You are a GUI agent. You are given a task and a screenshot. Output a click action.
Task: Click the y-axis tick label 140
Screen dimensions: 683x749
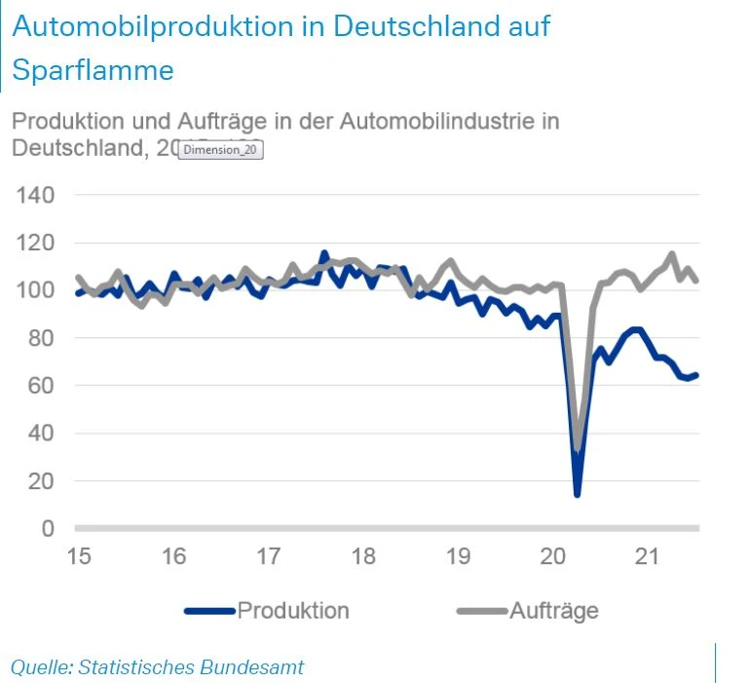(x=34, y=196)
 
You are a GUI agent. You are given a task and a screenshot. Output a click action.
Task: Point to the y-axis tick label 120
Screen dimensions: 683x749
(x=34, y=244)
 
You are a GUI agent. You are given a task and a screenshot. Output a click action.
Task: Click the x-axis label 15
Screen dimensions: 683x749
(x=79, y=557)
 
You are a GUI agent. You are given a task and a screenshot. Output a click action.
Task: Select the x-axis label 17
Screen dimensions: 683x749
(x=269, y=557)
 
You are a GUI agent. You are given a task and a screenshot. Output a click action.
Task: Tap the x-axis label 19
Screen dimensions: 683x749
(x=459, y=557)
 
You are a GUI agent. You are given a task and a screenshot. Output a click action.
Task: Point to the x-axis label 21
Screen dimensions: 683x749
(x=649, y=557)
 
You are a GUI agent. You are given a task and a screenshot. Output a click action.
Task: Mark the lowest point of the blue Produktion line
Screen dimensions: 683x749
(x=578, y=494)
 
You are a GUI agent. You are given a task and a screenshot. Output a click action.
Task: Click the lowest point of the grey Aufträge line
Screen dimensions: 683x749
(x=578, y=449)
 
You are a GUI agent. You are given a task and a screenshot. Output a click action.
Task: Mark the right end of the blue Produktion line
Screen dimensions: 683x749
(x=696, y=375)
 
